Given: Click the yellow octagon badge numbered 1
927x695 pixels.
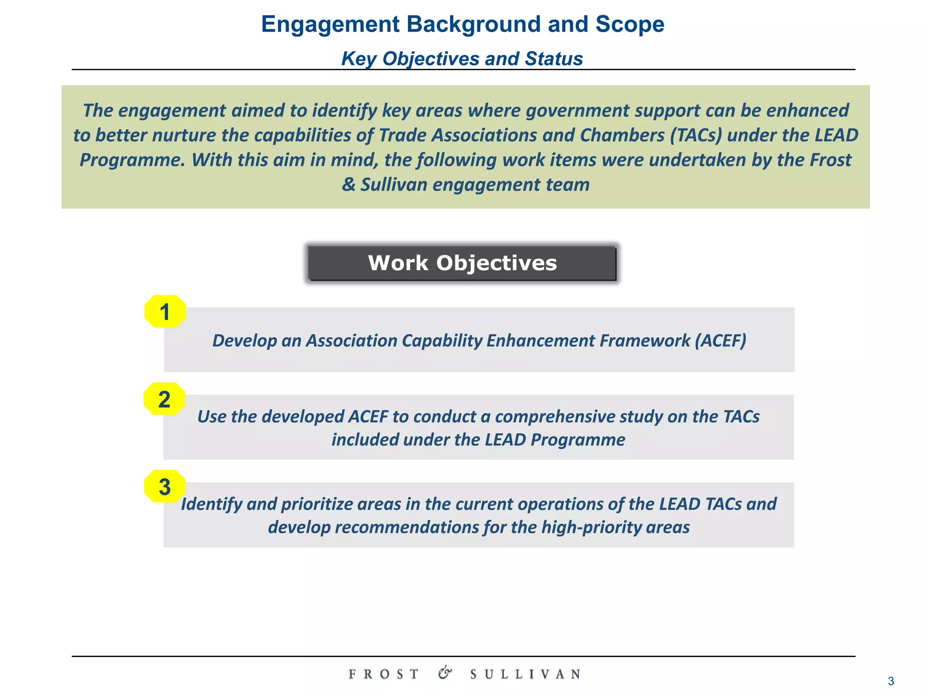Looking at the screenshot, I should coord(165,311).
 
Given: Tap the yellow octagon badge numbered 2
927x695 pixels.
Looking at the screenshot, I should coord(164,399).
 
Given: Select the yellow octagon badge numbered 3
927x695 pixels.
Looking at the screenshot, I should coord(165,486).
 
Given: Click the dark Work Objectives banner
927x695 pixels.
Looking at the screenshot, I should coord(462,263).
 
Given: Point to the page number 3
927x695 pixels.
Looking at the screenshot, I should coord(891,681).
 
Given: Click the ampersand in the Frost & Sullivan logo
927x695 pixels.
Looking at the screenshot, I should coord(445,673).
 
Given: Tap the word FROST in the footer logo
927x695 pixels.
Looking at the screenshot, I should coord(384,674).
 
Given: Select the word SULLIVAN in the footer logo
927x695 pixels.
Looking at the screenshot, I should coord(526,674).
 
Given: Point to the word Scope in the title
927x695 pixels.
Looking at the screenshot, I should coord(630,24).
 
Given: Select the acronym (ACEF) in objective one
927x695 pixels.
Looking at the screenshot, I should coord(720,341).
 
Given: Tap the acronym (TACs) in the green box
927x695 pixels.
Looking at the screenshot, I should coord(696,135).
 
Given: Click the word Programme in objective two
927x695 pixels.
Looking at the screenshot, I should coord(578,440).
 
